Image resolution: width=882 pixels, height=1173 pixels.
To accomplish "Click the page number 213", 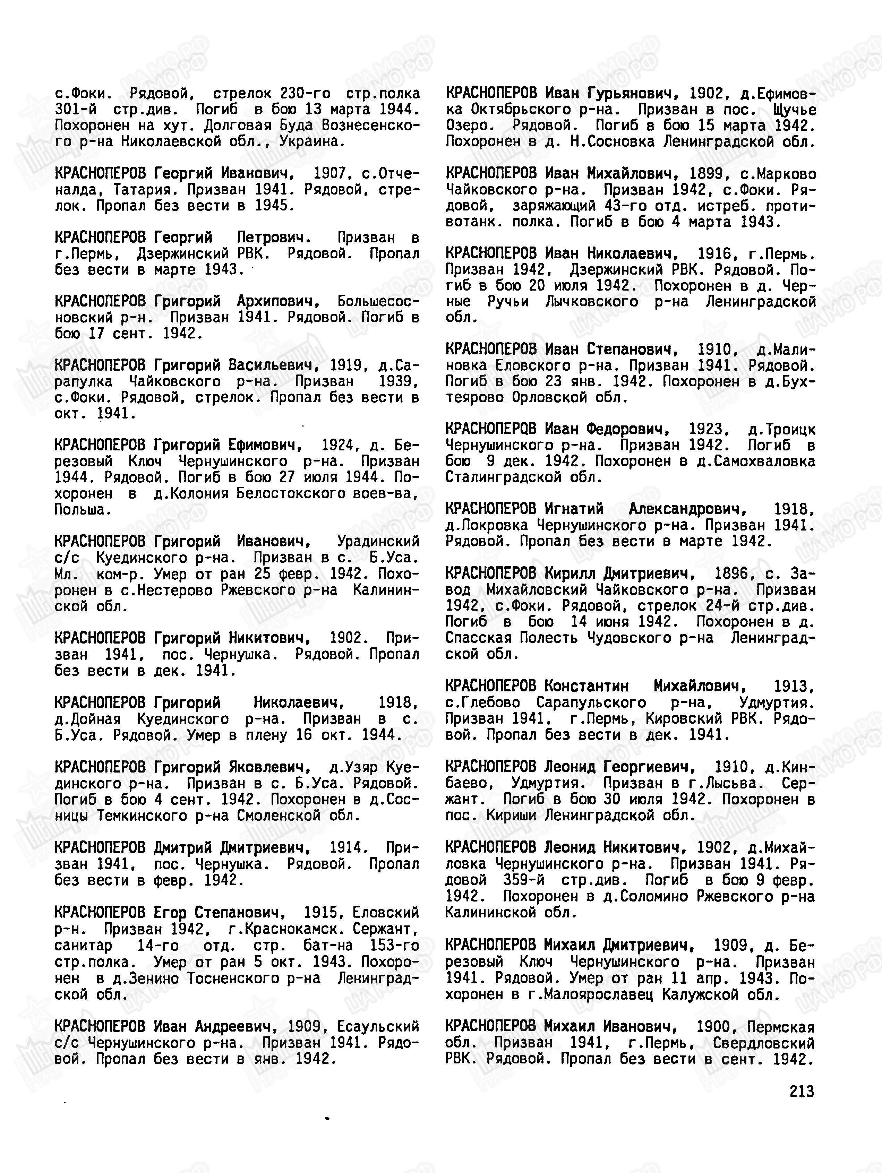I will click(802, 1091).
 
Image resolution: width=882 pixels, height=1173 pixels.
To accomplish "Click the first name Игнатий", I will click(574, 509).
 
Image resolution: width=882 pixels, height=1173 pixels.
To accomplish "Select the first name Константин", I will click(586, 686).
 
